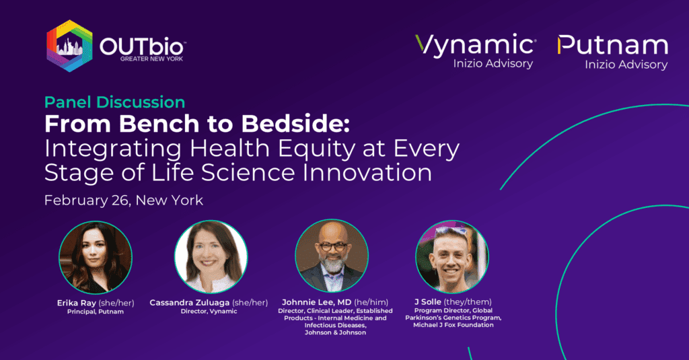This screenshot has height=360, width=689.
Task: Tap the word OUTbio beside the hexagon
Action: point(143,45)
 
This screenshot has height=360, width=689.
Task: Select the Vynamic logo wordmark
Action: point(475,45)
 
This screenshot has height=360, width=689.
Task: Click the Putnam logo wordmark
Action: point(612,45)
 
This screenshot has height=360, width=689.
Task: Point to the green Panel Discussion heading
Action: point(114,102)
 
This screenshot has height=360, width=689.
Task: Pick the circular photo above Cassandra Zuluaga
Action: point(211,256)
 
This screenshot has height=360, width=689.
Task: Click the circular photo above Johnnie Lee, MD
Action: point(332,256)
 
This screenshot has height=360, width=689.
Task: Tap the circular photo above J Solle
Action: point(452,256)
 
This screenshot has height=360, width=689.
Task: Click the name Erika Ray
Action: point(77,303)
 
